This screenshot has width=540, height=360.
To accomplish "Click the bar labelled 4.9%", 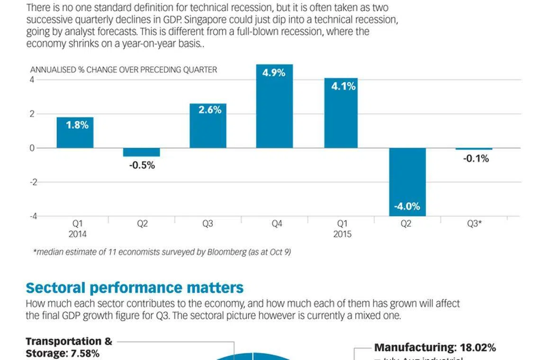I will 274,107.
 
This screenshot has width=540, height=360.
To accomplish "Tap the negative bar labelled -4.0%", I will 407,182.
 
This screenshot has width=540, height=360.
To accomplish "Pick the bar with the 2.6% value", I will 208,126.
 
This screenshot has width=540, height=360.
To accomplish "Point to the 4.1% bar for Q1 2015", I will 341,113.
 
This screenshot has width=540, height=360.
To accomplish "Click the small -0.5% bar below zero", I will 142,152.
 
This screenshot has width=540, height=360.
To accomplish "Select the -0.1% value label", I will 476,159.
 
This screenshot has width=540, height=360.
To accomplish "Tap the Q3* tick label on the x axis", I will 475,224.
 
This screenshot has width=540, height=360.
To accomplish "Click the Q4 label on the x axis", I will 277,224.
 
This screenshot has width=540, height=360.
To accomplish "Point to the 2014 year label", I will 78,234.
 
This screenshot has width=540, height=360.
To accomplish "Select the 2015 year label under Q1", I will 342,234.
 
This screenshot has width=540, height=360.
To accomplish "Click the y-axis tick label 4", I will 32,80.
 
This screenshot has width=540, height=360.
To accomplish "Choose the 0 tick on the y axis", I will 32,148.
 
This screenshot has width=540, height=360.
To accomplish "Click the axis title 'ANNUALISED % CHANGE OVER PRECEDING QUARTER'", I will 123,70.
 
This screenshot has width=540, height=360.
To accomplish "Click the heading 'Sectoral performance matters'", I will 135,288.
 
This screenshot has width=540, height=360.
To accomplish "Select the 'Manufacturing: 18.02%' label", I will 435,348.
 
